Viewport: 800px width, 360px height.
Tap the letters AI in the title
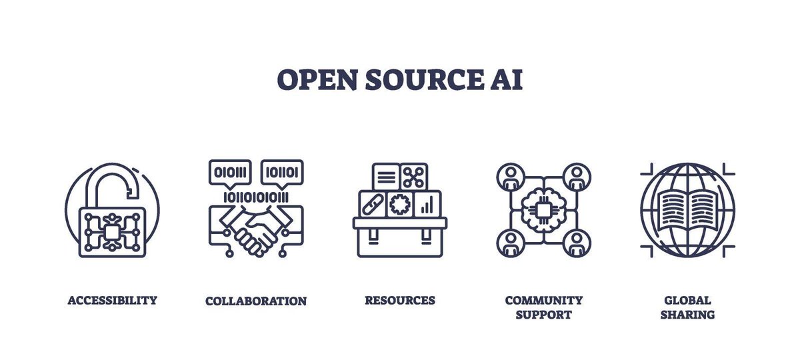point(505,79)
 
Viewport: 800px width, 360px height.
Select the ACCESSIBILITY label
point(112,300)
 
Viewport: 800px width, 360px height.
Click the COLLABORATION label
point(256,301)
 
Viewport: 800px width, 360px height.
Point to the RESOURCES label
point(399,300)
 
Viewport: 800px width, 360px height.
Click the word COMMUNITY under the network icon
point(543,300)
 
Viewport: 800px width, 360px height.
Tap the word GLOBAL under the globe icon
point(687,300)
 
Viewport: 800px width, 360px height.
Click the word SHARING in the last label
point(687,315)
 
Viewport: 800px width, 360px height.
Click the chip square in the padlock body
point(112,232)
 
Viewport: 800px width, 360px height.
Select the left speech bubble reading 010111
point(229,172)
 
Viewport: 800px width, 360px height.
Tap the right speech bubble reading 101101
point(282,172)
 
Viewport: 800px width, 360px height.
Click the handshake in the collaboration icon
point(256,230)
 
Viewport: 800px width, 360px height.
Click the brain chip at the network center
point(543,209)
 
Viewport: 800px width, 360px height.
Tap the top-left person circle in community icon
point(511,176)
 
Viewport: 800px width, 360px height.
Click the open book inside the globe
point(687,209)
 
